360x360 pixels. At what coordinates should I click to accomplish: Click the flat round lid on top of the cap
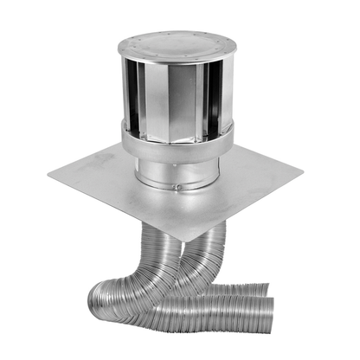[179, 42]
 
